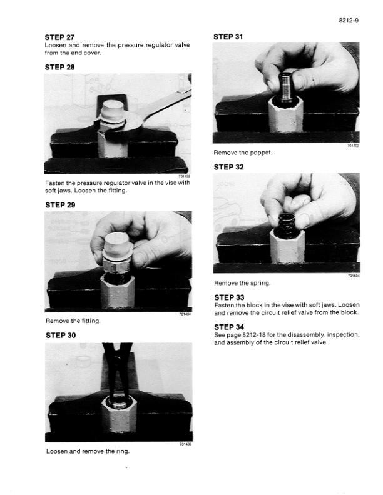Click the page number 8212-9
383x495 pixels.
click(349, 21)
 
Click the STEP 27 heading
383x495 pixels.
click(59, 37)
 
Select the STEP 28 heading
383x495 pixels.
click(59, 67)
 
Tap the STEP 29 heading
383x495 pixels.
click(60, 205)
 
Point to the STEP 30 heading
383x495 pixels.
click(61, 335)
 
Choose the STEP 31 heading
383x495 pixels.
click(228, 37)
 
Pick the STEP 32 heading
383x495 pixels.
click(229, 167)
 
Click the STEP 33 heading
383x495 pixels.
click(229, 297)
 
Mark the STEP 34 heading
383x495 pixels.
click(229, 327)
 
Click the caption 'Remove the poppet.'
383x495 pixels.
click(243, 152)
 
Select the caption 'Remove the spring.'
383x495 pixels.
click(242, 283)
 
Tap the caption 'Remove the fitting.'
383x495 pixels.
click(73, 321)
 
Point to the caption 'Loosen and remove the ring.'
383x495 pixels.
click(88, 451)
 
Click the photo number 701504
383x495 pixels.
click(354, 276)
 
